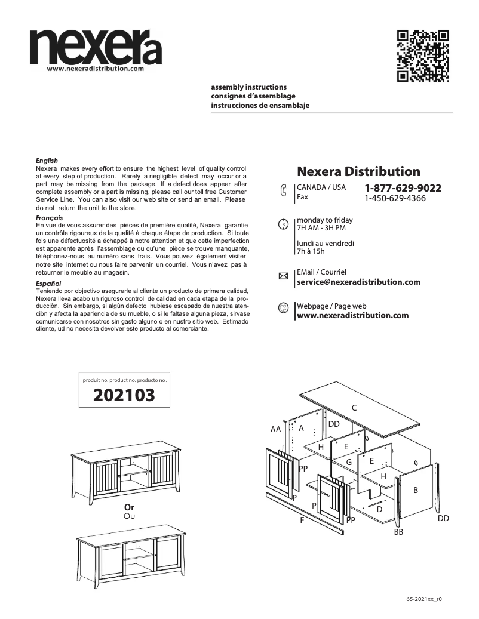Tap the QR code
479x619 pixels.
click(423, 55)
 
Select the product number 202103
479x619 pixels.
click(124, 395)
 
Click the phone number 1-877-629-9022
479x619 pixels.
click(403, 188)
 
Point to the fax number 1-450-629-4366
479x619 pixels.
click(395, 198)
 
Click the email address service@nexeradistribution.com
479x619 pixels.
click(358, 282)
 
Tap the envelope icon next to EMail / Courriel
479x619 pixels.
click(283, 276)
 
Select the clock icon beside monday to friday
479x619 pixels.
click(283, 224)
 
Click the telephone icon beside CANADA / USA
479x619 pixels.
click(283, 191)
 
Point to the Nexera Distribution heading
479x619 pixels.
click(358, 172)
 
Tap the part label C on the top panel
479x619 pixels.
click(354, 408)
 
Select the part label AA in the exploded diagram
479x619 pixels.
click(275, 430)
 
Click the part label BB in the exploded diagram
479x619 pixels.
click(398, 531)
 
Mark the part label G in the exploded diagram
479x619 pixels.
click(349, 462)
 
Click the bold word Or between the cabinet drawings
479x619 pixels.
click(128, 507)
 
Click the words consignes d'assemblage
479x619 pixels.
click(253, 96)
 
